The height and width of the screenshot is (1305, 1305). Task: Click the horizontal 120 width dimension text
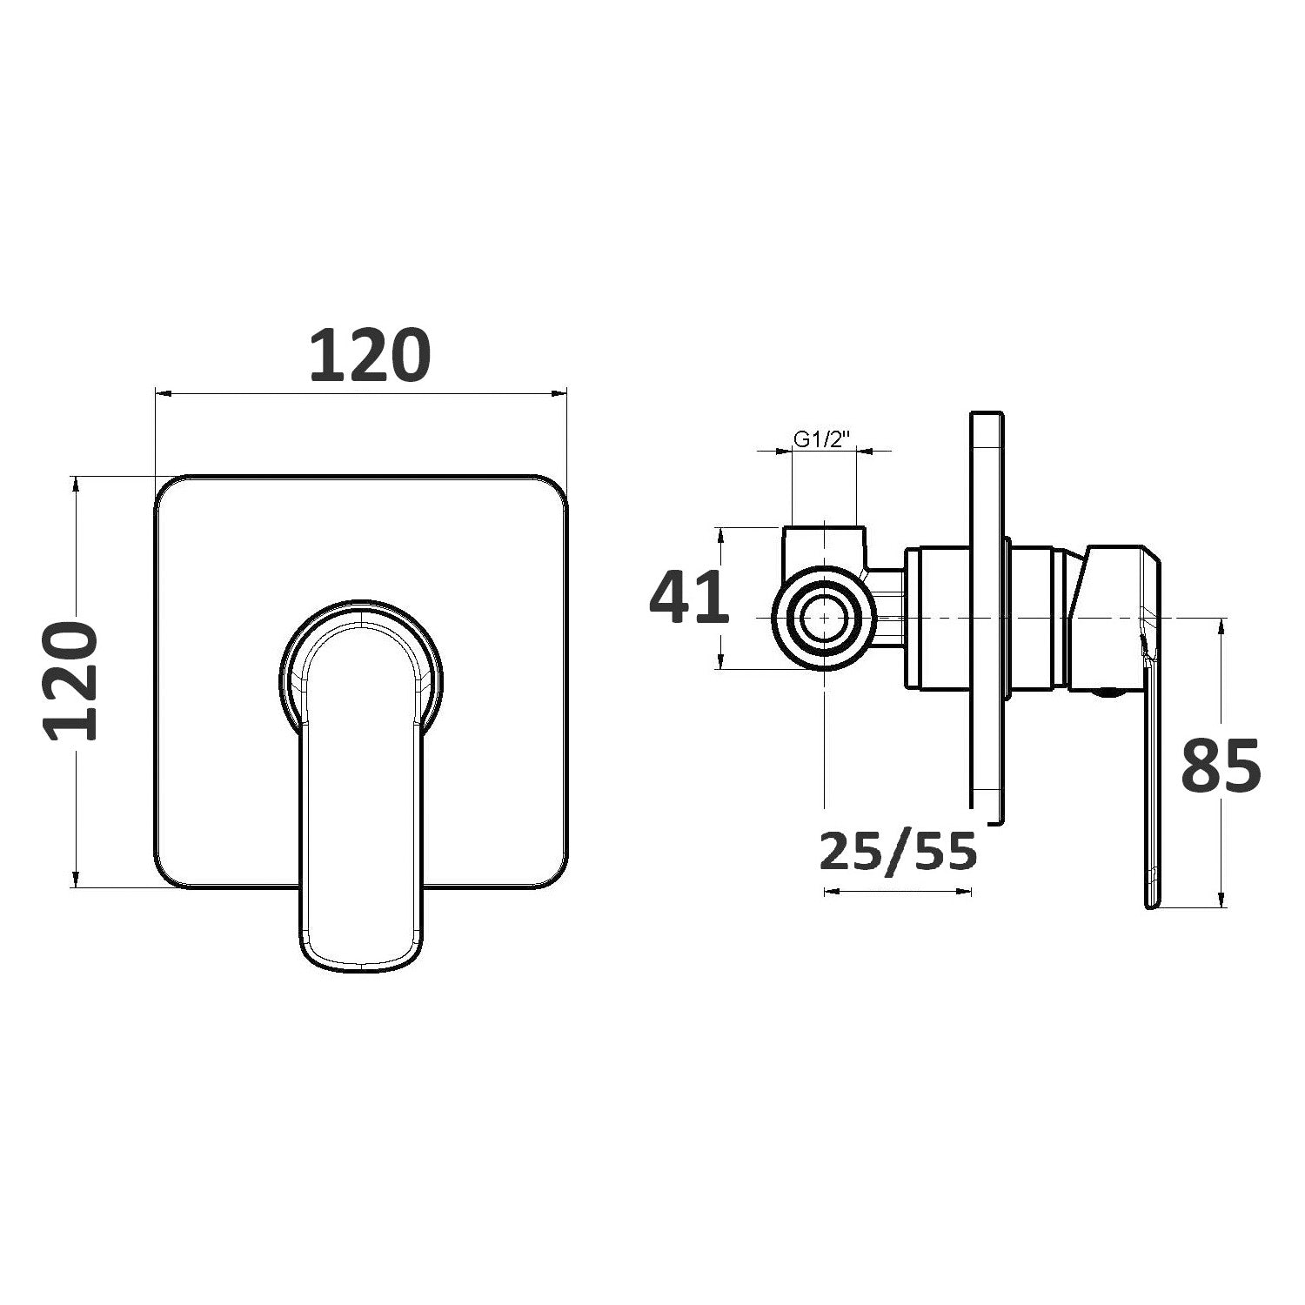(x=370, y=356)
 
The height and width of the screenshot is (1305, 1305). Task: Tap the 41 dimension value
(x=688, y=599)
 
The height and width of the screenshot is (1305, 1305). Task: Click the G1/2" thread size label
(x=823, y=439)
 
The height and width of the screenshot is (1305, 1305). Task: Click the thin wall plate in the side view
(x=987, y=618)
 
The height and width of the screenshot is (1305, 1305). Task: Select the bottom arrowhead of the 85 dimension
(x=1222, y=901)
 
